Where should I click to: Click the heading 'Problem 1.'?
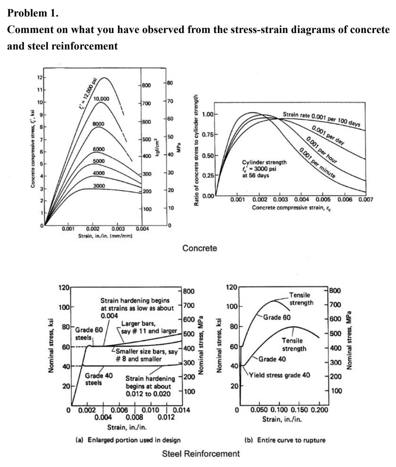33,14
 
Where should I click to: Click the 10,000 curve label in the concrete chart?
101,99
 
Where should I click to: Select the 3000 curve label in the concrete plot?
99,186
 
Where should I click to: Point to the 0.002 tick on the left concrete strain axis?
92,229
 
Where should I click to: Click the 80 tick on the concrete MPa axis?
170,83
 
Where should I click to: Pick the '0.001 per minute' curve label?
317,163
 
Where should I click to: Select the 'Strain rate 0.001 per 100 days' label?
321,118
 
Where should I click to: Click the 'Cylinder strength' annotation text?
264,162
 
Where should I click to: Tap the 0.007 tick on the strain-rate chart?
366,200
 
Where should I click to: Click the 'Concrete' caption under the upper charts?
199,248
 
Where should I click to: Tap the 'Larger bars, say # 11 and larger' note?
149,327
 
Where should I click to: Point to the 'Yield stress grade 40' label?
279,375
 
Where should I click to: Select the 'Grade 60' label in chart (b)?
277,317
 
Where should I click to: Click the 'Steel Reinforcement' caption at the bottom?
201,454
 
